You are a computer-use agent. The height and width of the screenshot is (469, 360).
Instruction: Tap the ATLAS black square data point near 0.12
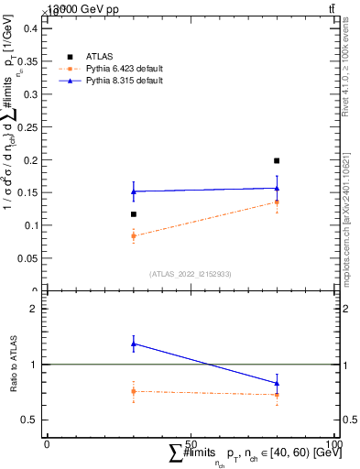pos(133,214)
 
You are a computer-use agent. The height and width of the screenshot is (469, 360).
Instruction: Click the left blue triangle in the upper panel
pos(133,191)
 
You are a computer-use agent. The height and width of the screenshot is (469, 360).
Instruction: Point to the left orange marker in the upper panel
pos(133,235)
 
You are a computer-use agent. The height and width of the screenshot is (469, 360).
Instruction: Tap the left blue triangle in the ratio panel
pos(133,344)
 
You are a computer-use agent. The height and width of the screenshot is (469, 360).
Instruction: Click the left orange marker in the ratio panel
pos(133,391)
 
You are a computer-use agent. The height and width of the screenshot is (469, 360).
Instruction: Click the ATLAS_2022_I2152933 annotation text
pos(190,274)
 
